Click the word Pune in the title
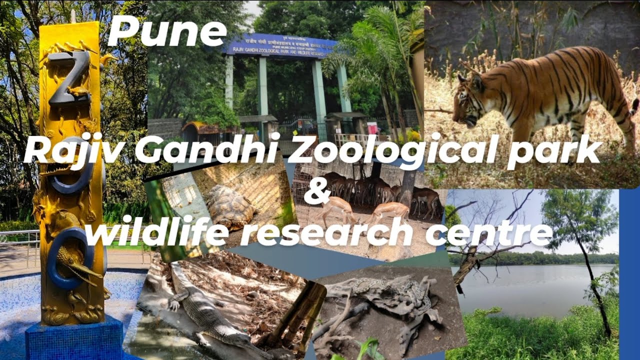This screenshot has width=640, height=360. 167,31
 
